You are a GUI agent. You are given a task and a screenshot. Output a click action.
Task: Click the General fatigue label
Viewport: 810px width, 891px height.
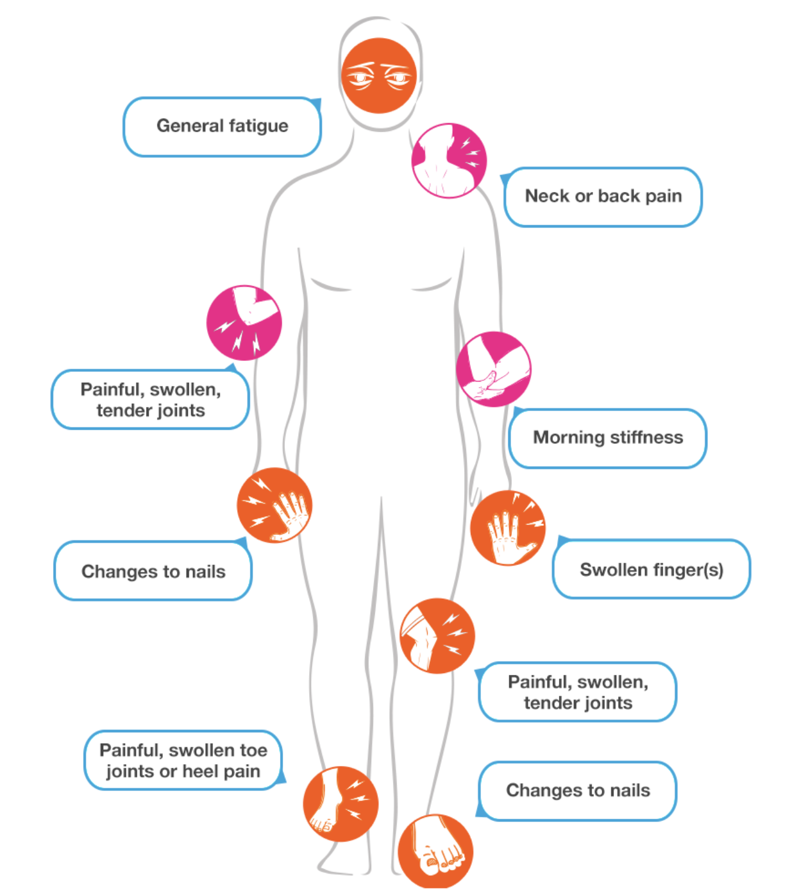tap(222, 127)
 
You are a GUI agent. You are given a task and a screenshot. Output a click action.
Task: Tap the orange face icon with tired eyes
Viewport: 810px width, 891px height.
tap(379, 76)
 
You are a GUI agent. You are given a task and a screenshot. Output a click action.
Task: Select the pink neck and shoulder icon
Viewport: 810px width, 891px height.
tap(449, 161)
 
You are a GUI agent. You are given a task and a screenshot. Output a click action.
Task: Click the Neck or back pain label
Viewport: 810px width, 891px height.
tap(603, 197)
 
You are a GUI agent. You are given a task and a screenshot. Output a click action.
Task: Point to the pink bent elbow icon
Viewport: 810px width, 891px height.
tap(244, 323)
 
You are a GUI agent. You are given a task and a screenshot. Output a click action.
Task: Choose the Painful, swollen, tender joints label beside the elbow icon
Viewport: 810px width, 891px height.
tap(150, 400)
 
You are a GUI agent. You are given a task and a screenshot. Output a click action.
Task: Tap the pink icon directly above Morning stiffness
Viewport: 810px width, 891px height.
tap(494, 369)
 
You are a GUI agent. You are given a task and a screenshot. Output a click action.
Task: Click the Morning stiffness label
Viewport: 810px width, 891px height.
tap(608, 438)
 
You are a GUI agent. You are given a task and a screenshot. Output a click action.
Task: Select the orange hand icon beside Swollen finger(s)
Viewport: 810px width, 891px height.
tap(508, 528)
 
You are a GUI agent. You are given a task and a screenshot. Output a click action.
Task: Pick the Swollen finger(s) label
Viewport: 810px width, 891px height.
tap(651, 570)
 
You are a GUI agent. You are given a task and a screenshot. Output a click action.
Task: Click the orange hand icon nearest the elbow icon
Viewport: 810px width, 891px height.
tap(275, 505)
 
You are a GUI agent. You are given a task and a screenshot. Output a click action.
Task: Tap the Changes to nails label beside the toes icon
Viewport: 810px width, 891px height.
tap(578, 791)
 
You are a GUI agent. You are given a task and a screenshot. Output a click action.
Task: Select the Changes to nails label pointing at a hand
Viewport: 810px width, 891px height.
tap(153, 572)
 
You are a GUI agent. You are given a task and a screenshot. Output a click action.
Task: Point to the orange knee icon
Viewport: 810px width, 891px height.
tap(437, 636)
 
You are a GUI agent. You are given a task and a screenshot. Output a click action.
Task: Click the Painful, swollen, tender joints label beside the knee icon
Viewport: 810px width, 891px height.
tap(578, 692)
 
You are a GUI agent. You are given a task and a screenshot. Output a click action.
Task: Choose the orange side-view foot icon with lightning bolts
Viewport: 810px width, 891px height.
tap(340, 803)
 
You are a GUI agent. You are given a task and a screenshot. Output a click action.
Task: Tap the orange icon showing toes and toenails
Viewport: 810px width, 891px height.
tap(435, 851)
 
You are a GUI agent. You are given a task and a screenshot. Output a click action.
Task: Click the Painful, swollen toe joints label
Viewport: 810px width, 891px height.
tap(183, 761)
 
